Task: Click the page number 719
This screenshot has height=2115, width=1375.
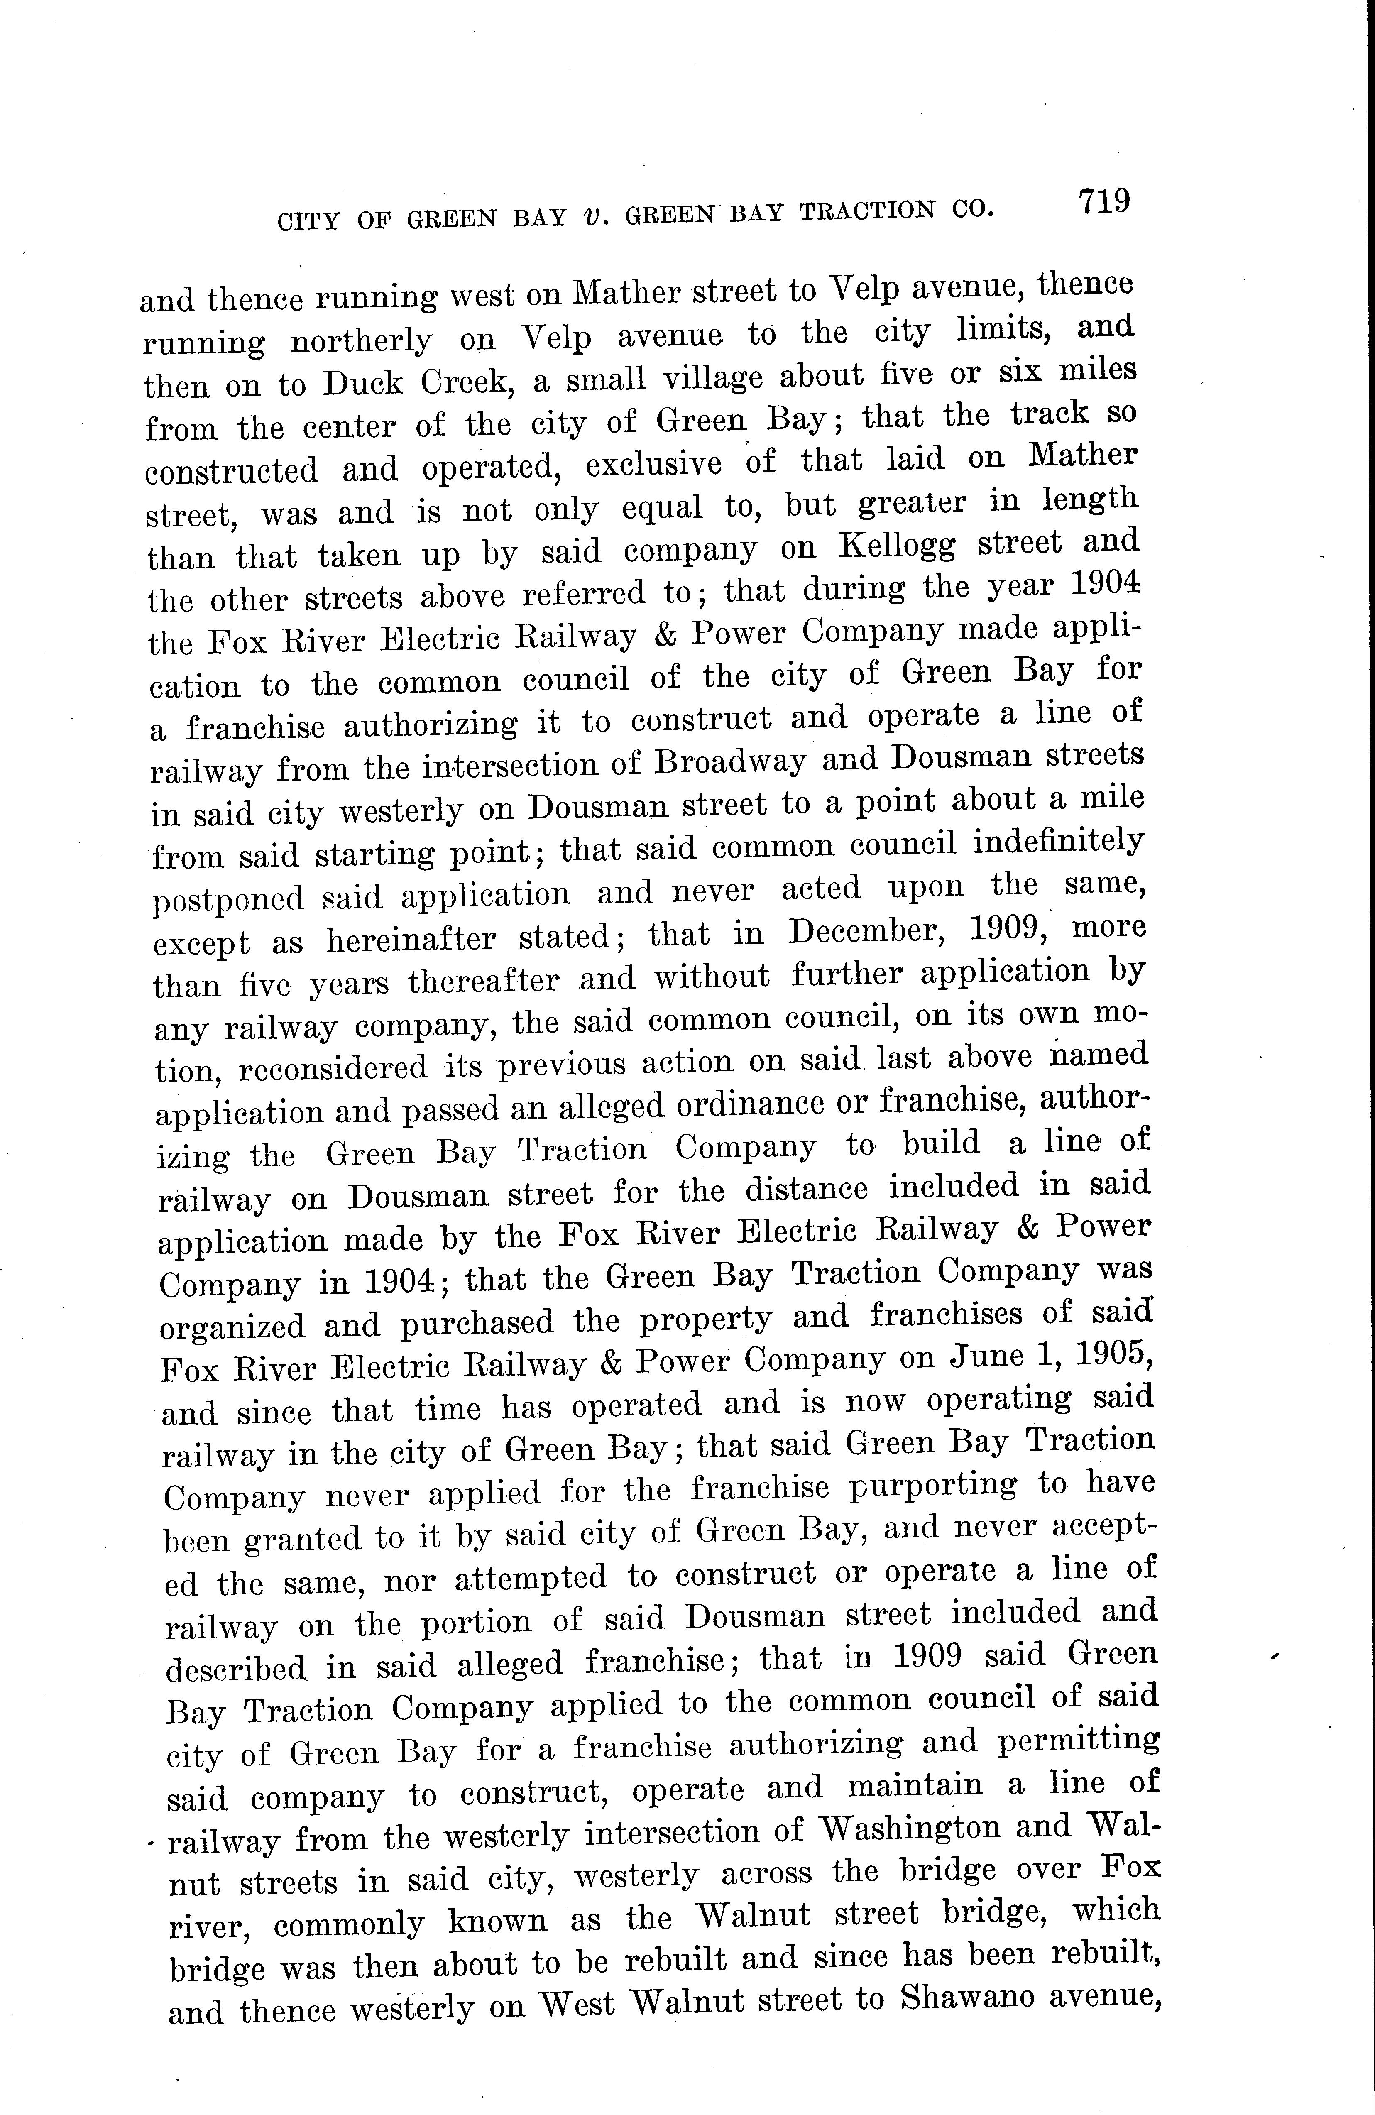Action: pyautogui.click(x=1103, y=202)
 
